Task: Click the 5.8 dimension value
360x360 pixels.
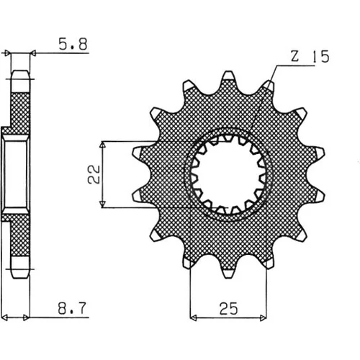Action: (73, 44)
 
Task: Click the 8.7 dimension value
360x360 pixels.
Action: (72, 308)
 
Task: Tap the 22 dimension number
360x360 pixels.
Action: (94, 174)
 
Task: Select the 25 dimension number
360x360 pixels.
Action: (228, 308)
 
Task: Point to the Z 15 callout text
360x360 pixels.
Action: (310, 57)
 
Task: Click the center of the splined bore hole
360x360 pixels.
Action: (228, 174)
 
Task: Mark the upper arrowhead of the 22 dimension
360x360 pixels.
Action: (103, 145)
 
